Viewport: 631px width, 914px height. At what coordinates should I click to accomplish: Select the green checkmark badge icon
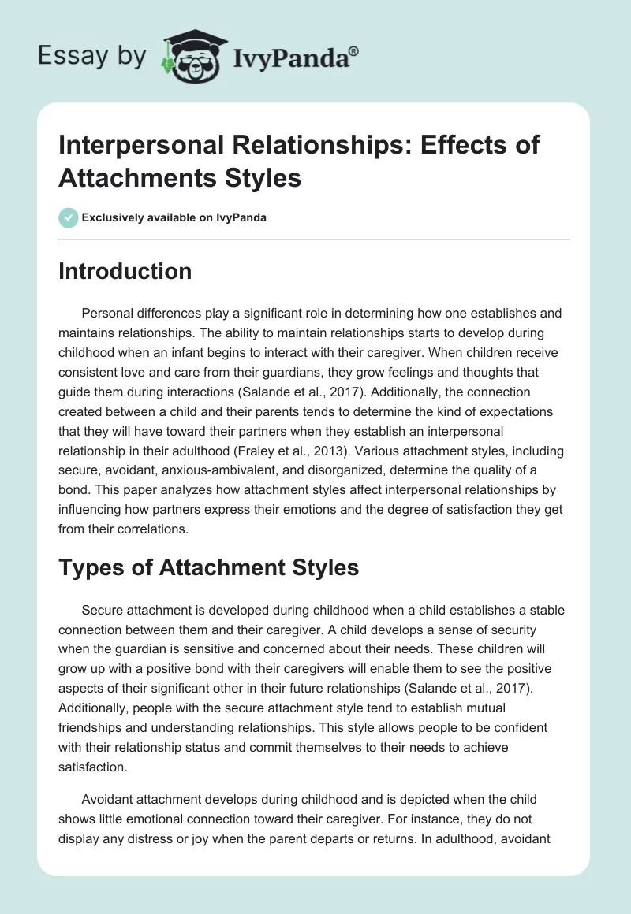(69, 218)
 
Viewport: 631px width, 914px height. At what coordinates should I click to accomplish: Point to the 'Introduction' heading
(125, 272)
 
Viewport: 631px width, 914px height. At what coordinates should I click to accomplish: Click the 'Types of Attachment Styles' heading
(209, 567)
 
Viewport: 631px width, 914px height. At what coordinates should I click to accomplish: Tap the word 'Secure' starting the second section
(101, 611)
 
